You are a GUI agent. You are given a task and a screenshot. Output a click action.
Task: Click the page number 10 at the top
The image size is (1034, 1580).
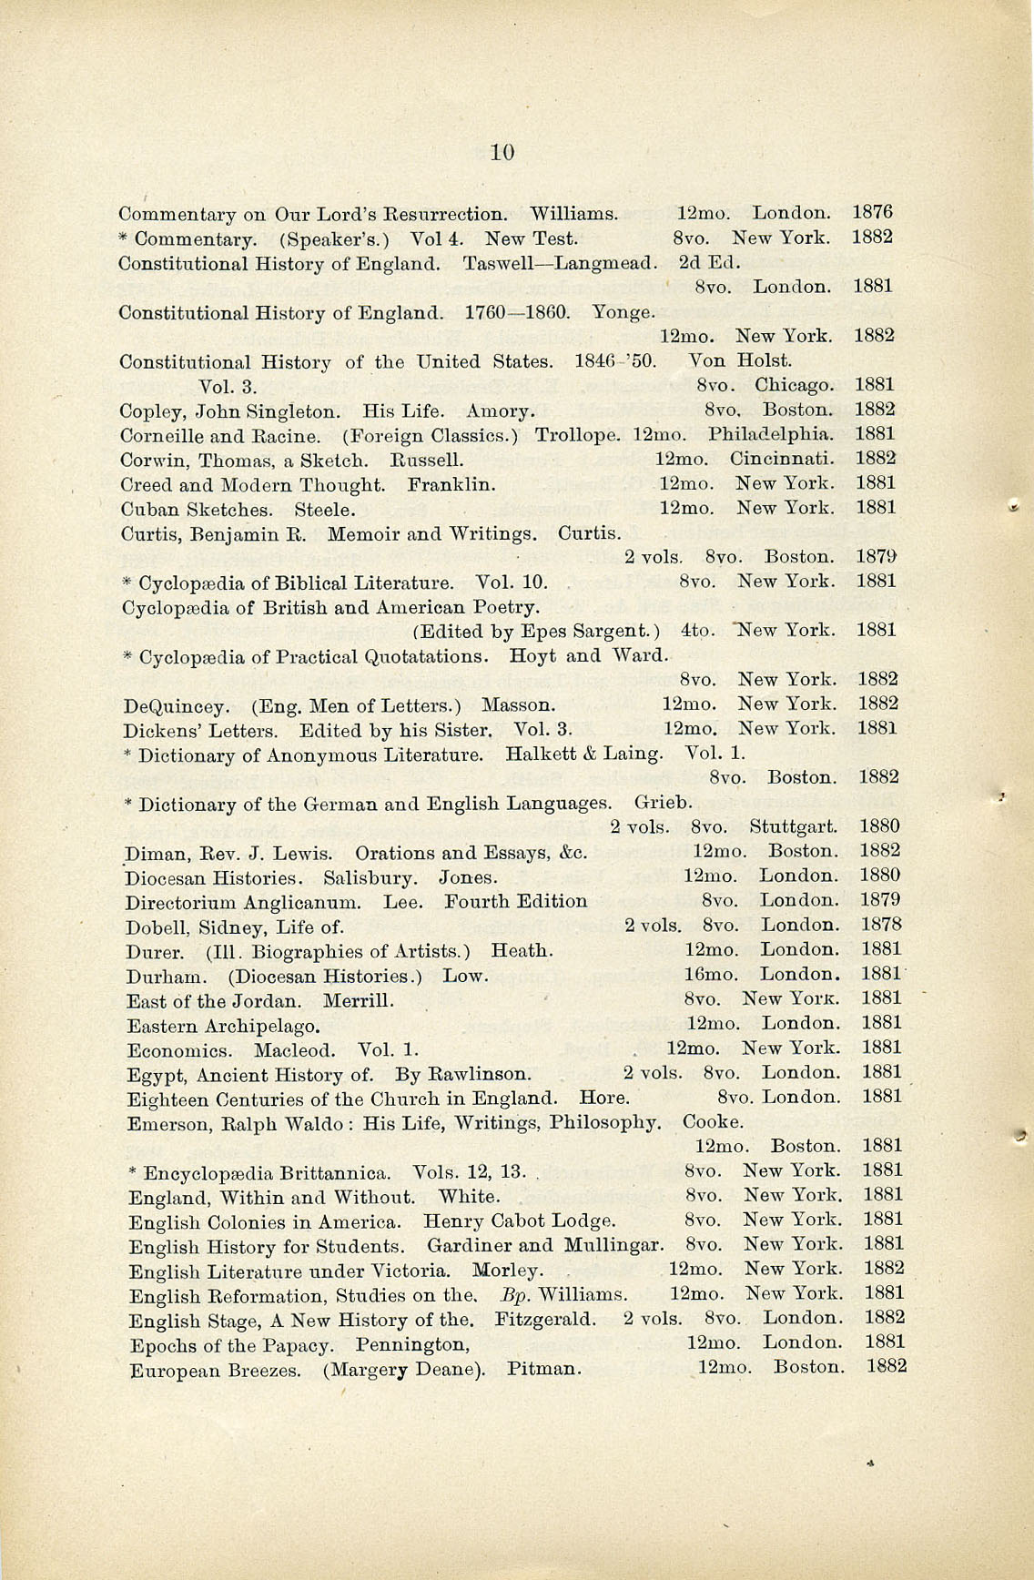click(502, 153)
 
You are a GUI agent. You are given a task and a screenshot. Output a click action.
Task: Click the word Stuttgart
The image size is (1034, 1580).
click(793, 827)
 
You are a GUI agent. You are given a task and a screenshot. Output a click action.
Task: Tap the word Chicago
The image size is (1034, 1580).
click(794, 386)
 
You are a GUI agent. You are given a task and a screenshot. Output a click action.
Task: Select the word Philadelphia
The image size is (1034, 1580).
click(771, 434)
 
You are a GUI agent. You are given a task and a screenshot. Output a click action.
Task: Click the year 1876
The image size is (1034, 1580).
click(872, 213)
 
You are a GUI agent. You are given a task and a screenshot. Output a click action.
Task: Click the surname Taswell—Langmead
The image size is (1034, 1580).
click(559, 264)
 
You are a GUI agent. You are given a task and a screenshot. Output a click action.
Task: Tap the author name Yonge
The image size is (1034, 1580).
click(623, 313)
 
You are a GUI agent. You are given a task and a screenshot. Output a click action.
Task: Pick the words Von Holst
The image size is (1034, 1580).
click(740, 361)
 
